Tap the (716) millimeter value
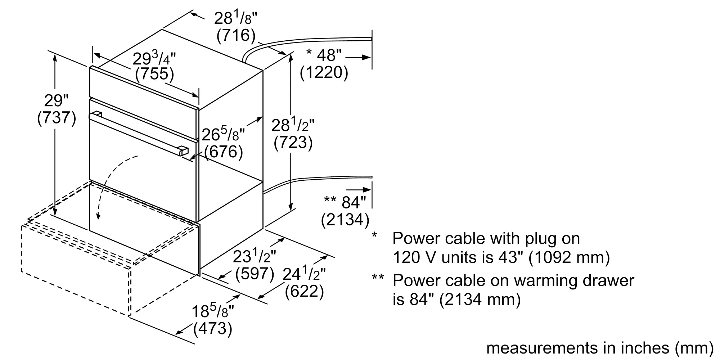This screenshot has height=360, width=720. [236, 35]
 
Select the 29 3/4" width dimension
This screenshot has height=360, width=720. [154, 58]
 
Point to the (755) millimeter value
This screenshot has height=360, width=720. [154, 74]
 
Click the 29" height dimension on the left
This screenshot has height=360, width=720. [56, 101]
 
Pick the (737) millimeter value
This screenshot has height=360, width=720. [57, 118]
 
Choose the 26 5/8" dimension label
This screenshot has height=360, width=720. [223, 134]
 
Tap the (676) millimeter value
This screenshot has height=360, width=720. [224, 152]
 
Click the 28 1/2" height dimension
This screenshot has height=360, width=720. [293, 125]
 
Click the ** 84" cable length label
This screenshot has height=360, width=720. [345, 202]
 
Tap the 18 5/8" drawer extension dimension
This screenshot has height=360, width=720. [213, 311]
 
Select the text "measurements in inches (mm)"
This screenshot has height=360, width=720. [600, 348]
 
